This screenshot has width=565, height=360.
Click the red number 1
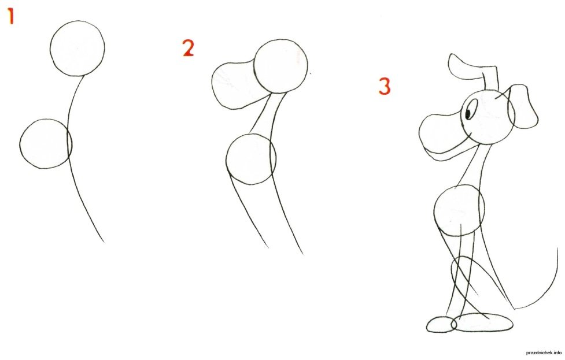pyautogui.click(x=11, y=17)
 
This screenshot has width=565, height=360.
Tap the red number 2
pyautogui.click(x=189, y=49)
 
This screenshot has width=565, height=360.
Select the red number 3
pyautogui.click(x=385, y=87)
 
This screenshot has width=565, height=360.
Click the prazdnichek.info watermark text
pyautogui.click(x=544, y=353)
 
